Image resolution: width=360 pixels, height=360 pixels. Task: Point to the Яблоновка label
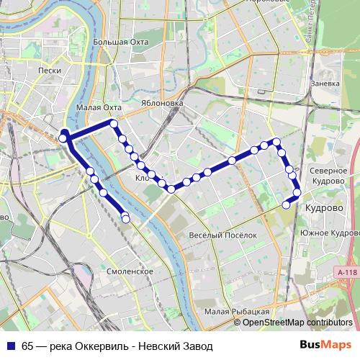click(x=161, y=103)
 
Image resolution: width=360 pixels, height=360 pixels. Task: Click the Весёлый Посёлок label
click(x=222, y=235)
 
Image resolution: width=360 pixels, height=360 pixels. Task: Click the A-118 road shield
click(x=346, y=271)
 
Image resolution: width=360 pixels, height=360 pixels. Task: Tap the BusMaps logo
click(x=325, y=345)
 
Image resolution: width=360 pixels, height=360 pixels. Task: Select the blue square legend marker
click(x=9, y=346)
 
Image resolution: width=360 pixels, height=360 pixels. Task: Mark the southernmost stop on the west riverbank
click(x=126, y=218)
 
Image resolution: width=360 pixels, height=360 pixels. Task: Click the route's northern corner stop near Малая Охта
click(x=113, y=124)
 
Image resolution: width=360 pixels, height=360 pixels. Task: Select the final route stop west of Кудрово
click(x=286, y=204)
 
